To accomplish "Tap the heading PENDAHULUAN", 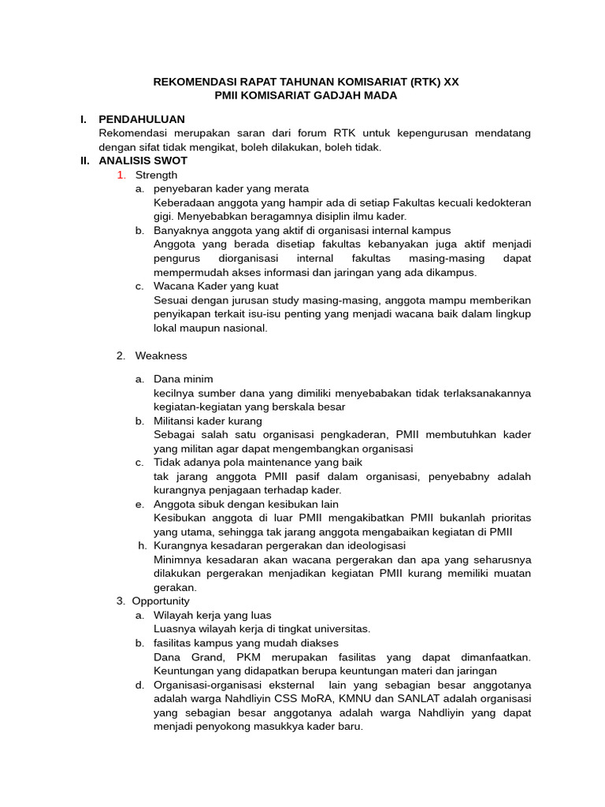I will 141,119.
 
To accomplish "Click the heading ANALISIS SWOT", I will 143,161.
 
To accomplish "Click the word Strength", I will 156,175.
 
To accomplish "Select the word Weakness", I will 161,355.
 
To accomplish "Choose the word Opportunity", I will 161,601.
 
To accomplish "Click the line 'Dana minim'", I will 183,379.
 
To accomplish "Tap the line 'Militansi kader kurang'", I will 208,421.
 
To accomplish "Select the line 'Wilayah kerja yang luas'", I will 212,615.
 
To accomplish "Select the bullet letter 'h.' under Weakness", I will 143,545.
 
